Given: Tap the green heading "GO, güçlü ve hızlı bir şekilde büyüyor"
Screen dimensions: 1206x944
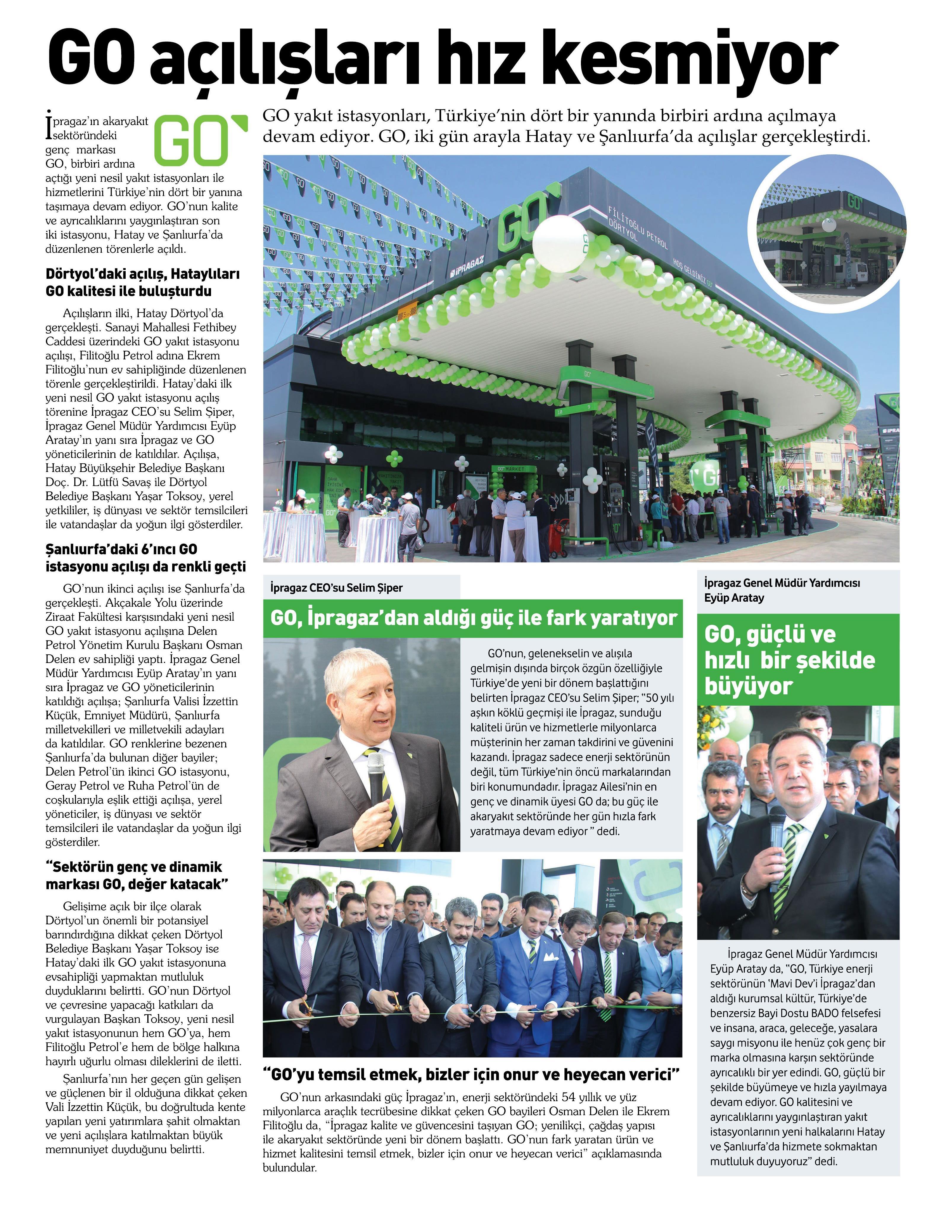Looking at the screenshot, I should click(790, 660).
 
